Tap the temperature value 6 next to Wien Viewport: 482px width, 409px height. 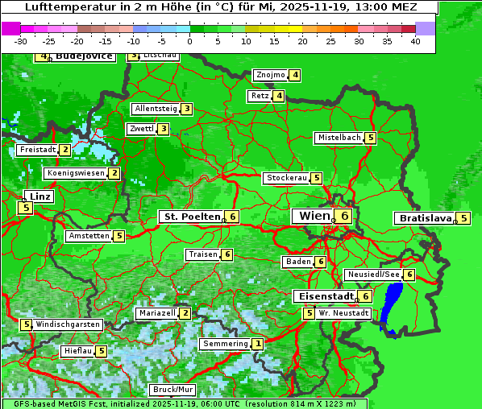pos(344,216)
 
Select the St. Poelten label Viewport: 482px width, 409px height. pos(190,217)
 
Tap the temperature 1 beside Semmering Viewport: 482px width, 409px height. pos(257,344)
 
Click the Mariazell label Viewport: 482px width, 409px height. pos(156,312)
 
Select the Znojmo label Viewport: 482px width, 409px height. pos(270,75)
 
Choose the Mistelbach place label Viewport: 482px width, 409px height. pos(339,138)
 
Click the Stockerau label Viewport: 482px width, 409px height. pos(285,178)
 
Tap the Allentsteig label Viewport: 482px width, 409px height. pos(155,109)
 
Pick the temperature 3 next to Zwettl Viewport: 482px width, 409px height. pos(163,129)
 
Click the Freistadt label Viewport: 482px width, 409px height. pos(37,150)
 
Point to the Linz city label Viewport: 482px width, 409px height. pos(39,196)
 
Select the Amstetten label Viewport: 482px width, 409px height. pos(89,236)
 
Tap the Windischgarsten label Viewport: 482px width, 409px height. pos(69,324)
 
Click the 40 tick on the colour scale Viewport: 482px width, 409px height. pos(414,41)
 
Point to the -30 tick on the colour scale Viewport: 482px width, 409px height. pos(20,41)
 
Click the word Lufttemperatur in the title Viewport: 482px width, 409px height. pos(61,6)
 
